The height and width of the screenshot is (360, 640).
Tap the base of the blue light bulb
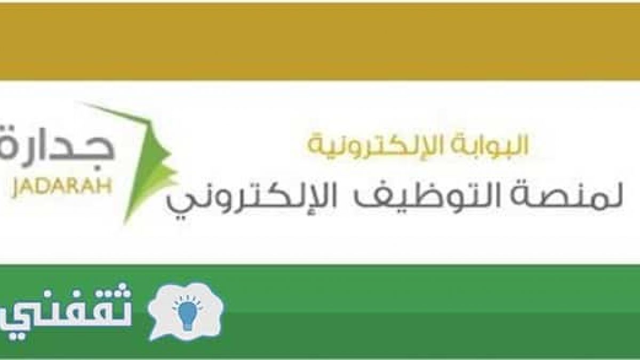click(x=187, y=327)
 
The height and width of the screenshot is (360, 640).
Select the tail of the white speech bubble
click(x=155, y=334)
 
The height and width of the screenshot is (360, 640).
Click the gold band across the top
click(x=320, y=42)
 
